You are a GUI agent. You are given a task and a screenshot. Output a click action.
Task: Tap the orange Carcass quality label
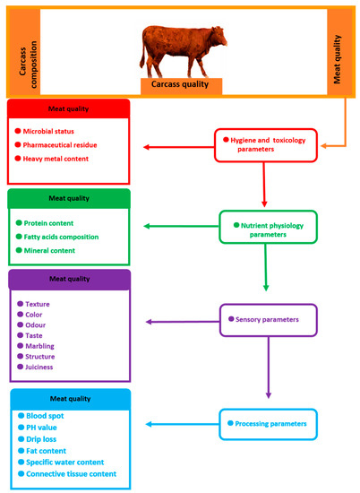180,85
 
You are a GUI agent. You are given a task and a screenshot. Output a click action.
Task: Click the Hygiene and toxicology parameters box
265,145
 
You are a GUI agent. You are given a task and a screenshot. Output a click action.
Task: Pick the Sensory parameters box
268,318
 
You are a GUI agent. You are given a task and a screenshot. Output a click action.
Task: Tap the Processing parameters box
266,422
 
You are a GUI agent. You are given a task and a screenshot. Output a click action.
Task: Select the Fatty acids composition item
68,237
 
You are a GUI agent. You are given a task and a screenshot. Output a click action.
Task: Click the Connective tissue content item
75,473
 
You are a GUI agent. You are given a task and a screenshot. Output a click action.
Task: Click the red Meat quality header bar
68,107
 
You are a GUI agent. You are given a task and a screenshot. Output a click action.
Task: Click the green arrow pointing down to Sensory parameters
266,268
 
